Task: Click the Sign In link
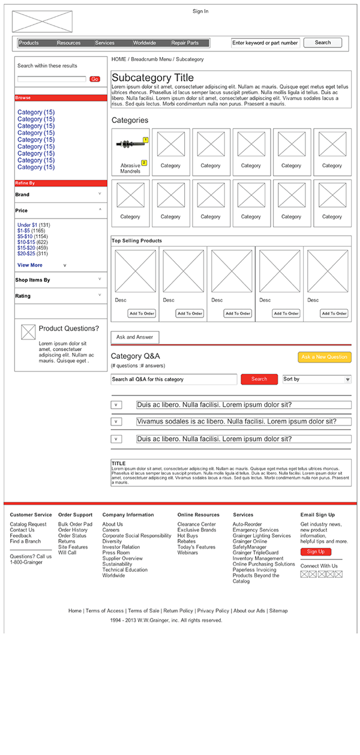pos(200,11)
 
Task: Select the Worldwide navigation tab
pos(145,43)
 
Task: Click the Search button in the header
pos(322,43)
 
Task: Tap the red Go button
pos(95,79)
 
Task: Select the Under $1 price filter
pos(28,225)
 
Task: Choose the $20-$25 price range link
pos(26,254)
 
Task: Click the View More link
pos(30,265)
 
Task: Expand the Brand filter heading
pos(22,195)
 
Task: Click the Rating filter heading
pos(23,296)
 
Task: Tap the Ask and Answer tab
pos(135,337)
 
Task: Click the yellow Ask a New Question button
pos(324,357)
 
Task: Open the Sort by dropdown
pos(317,379)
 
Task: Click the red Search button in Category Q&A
pos(259,379)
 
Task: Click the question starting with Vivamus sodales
pos(236,422)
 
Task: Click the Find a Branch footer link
pos(25,541)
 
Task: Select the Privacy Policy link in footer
pos(213,611)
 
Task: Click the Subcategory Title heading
pos(153,78)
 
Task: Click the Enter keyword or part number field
pos(265,43)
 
